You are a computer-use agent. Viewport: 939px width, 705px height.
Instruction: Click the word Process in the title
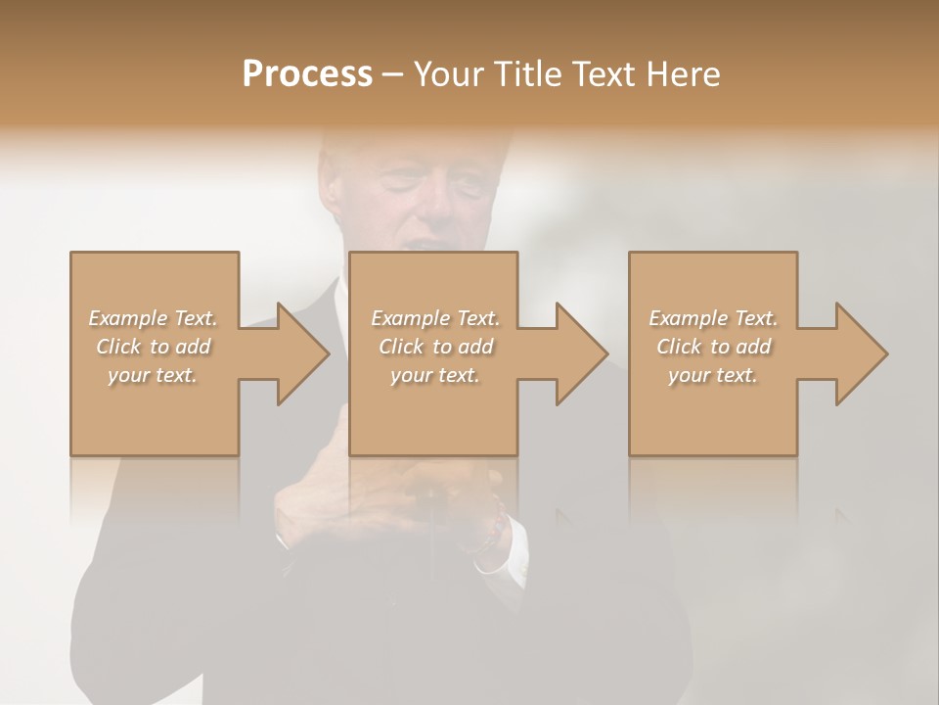pos(307,74)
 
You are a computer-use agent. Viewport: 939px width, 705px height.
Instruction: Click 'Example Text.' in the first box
pos(153,318)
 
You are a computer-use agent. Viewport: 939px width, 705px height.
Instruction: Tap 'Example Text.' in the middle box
pos(435,318)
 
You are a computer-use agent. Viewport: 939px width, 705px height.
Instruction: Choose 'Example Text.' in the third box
pos(713,318)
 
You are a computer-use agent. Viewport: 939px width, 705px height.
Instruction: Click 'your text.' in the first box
pos(153,375)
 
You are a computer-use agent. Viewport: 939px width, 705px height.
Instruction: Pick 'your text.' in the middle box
pos(435,375)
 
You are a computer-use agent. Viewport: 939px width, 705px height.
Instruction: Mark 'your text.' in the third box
pos(713,375)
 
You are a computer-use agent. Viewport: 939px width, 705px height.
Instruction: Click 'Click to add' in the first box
pos(153,347)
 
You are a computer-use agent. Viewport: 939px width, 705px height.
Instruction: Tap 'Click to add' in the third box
pos(713,347)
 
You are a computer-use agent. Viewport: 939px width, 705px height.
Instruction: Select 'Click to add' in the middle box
pos(435,347)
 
